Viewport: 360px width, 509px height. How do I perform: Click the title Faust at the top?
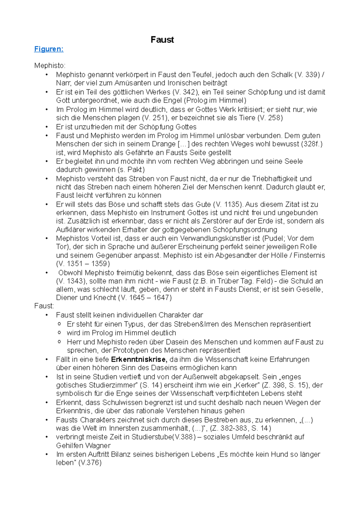162,40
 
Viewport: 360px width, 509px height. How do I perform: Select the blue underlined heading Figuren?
49,49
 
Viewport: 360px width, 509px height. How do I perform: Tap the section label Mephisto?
50,66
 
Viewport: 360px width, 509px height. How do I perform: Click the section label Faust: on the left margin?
44,306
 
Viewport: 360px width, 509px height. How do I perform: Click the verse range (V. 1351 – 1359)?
83,264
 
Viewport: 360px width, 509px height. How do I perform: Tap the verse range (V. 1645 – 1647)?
145,298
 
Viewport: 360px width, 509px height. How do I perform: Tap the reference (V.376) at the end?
90,463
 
